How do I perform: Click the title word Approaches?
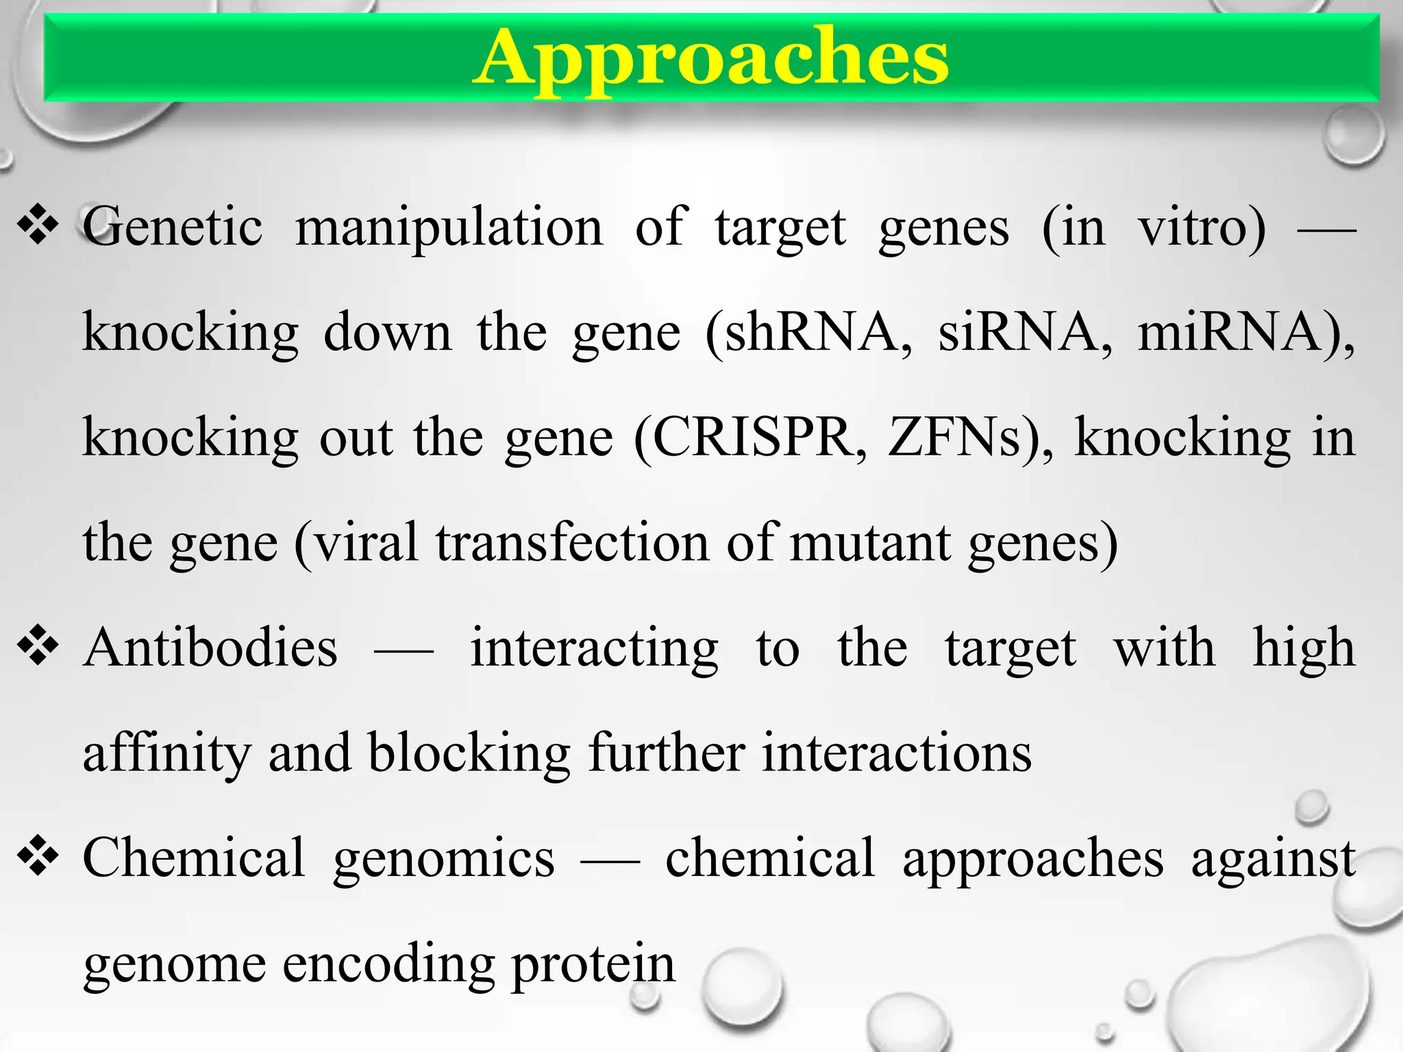coord(710,59)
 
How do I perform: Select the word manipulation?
coord(449,228)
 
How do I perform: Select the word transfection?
coord(573,542)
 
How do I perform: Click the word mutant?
coord(870,542)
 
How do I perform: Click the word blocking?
coord(469,753)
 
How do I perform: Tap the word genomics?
coord(444,860)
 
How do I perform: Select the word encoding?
coord(388,964)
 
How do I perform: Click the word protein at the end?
coord(593,964)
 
